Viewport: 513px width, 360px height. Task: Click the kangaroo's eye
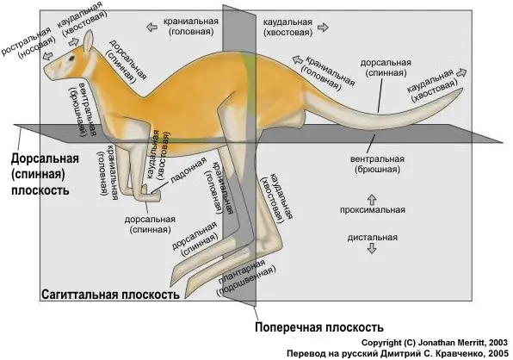[71, 59]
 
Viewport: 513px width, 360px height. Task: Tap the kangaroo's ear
[89, 41]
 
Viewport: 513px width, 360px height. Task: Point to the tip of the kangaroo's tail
[462, 89]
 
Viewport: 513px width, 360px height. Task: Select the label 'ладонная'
[189, 170]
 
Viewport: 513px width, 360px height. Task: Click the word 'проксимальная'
[373, 210]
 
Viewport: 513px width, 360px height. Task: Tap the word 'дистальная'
[373, 238]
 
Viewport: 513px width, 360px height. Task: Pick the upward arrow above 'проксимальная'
[372, 199]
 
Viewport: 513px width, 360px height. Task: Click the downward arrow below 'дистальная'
[372, 249]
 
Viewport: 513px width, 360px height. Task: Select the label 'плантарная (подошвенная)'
[245, 277]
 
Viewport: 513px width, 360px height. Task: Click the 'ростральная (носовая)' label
[28, 42]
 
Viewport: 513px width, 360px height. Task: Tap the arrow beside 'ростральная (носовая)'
[48, 56]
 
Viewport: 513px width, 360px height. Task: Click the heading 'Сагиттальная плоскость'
[110, 295]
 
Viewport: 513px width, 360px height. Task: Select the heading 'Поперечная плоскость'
[319, 327]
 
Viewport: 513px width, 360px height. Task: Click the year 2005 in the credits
[498, 354]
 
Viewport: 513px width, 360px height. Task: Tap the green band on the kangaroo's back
[250, 86]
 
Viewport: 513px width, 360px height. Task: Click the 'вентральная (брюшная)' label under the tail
[377, 164]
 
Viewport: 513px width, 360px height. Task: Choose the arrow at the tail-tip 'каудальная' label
[461, 72]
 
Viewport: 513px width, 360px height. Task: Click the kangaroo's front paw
[149, 195]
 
